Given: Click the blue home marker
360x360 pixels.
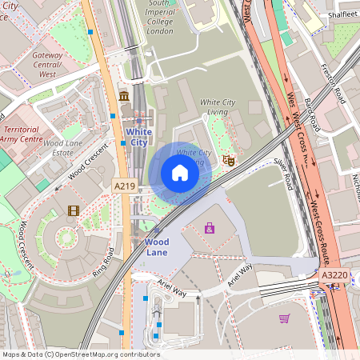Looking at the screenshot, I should (180, 172).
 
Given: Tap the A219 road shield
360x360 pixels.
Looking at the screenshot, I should (124, 186).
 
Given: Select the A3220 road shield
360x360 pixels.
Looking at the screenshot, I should (334, 274).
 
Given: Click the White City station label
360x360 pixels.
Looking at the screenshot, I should (138, 137).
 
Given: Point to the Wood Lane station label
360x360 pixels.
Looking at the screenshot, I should (157, 246).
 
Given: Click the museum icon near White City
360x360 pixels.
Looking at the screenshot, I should (124, 97).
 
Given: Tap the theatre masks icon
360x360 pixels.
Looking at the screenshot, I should (228, 160).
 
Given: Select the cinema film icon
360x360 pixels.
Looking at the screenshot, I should (74, 211).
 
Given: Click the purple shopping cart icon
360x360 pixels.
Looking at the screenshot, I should (284, 318).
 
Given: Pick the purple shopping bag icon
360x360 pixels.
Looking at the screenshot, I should (210, 228).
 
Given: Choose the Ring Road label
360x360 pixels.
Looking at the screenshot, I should (103, 262).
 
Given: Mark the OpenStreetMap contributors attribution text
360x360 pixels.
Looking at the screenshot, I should (80, 354).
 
